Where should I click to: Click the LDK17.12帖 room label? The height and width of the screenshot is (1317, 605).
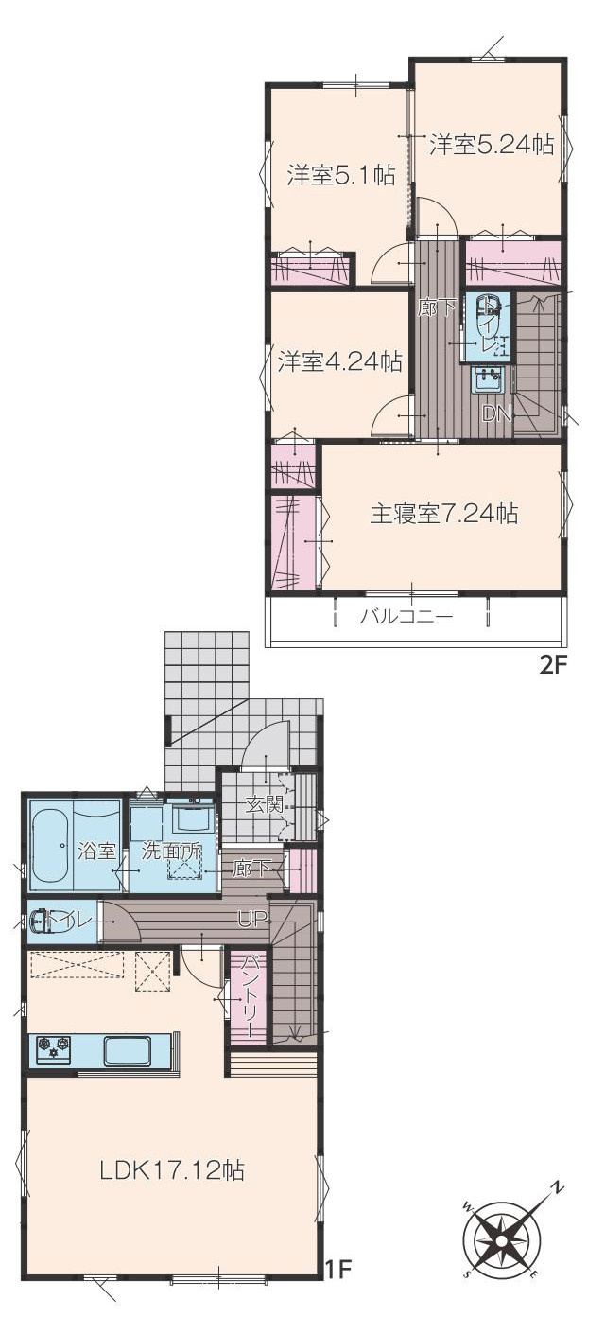172,1170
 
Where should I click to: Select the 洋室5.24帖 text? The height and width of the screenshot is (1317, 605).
492,145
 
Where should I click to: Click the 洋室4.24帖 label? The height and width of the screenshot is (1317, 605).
339,361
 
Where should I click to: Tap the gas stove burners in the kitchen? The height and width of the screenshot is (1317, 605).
53,1046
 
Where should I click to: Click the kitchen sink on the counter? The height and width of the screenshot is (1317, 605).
127,1050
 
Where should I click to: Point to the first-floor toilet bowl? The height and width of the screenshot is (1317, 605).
43,921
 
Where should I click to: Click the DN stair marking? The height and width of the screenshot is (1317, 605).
497,413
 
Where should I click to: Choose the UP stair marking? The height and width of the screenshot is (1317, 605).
251,918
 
